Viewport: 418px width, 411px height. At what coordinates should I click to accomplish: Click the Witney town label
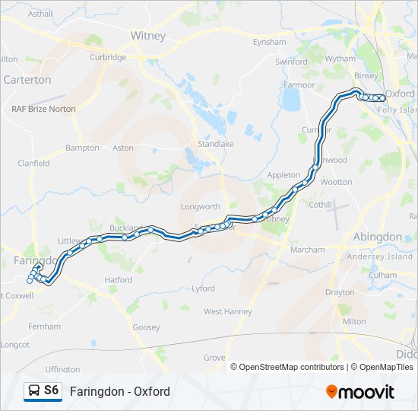(147, 35)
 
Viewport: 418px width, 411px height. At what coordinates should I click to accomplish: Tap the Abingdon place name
(378, 237)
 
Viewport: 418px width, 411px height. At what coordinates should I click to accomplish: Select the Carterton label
(27, 79)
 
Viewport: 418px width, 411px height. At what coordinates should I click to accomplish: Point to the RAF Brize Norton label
(43, 109)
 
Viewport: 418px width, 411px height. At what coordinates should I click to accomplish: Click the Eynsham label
(270, 42)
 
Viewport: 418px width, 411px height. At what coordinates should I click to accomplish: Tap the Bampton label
(82, 148)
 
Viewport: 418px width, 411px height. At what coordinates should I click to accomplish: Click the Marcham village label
(307, 250)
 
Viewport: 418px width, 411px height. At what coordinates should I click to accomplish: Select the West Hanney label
(227, 311)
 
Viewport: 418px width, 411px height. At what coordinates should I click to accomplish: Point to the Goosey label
(146, 327)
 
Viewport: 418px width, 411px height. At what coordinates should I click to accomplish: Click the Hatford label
(119, 280)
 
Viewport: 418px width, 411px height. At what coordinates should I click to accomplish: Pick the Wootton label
(337, 182)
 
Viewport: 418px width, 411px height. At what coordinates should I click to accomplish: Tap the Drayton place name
(340, 292)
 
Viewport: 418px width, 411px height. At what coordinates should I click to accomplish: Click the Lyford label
(203, 288)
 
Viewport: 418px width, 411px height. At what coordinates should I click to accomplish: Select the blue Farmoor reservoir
(292, 99)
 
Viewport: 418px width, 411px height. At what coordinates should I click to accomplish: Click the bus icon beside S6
(33, 391)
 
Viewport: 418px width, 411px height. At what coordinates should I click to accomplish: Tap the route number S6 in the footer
(52, 390)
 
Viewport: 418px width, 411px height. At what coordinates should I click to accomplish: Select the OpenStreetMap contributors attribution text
(288, 367)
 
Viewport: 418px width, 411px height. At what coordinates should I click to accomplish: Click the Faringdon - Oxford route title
(119, 391)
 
